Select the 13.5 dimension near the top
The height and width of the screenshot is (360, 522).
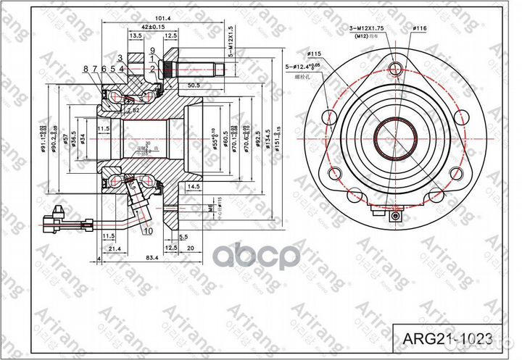coord(136,35)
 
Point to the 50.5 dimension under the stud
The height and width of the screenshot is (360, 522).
coord(194,85)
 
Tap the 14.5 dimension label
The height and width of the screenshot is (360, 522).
coord(192,186)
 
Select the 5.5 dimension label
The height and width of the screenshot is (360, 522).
coord(183,237)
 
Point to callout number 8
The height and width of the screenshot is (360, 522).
coord(86,69)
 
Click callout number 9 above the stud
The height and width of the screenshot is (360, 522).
coord(153,50)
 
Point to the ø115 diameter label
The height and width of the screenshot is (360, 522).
coord(314,53)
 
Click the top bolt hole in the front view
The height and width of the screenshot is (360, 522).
coord(394,70)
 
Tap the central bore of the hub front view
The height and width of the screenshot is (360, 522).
coord(394,135)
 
